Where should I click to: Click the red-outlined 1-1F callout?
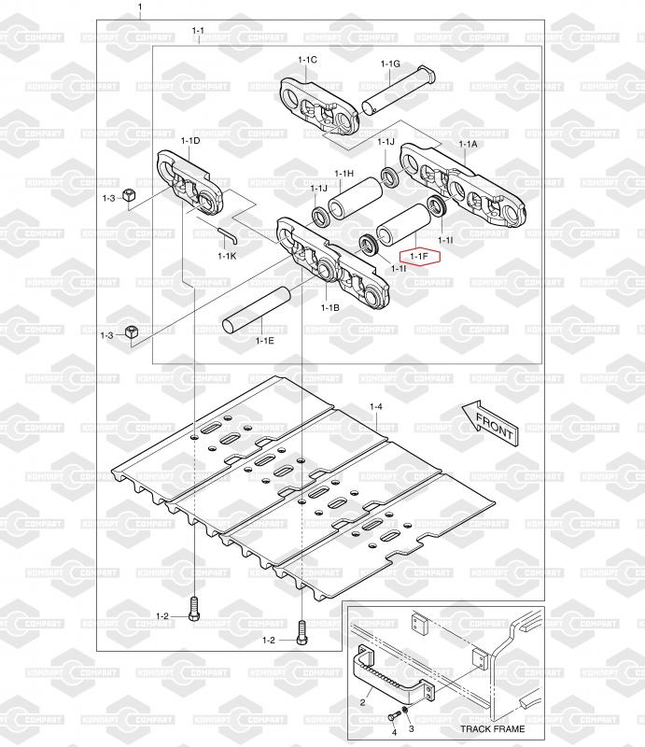419,257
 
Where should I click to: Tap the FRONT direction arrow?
490,424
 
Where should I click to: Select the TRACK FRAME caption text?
492,728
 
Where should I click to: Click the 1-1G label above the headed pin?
390,63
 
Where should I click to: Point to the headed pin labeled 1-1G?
399,91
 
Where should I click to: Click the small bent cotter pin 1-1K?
227,235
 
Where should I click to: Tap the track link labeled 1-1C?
318,106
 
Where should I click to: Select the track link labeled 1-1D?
189,182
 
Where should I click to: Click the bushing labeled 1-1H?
356,199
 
